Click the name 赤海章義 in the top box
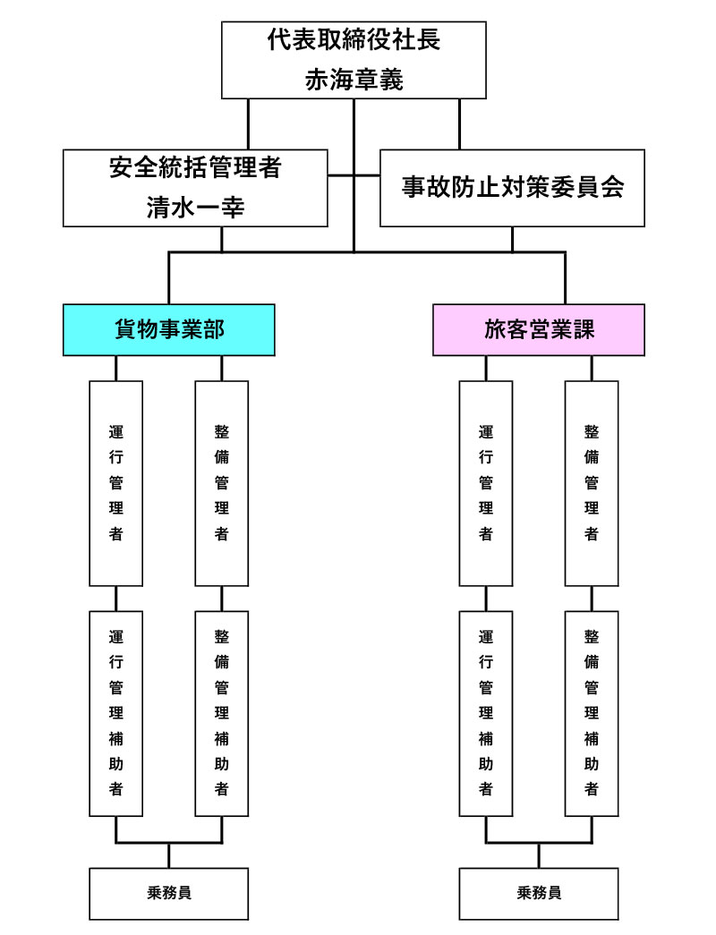[354, 81]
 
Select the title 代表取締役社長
[354, 40]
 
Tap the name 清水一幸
[196, 208]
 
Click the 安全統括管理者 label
[196, 166]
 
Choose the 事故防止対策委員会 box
[512, 188]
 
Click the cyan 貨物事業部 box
[169, 329]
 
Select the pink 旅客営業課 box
[538, 329]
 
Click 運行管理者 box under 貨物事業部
[116, 483]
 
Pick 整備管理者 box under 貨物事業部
[222, 483]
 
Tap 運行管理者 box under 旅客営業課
[486, 483]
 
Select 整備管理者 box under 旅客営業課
[592, 483]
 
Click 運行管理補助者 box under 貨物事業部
[116, 713]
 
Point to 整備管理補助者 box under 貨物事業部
[222, 713]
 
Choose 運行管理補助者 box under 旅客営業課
[486, 713]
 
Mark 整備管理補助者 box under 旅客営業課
[592, 713]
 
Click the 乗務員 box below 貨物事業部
[169, 892]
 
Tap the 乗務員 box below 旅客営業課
[538, 892]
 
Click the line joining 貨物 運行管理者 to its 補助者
[116, 599]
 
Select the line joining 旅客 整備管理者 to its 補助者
[592, 599]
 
